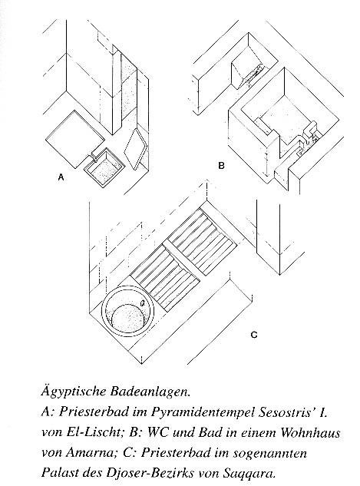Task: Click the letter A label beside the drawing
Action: [61, 177]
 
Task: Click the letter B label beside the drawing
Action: [221, 166]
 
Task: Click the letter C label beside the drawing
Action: [254, 335]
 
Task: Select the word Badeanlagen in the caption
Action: [150, 392]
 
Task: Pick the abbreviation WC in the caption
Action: [157, 432]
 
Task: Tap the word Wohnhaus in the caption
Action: [310, 432]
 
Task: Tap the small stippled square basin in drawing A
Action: [104, 168]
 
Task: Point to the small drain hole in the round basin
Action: [143, 303]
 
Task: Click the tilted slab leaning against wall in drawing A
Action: [135, 149]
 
